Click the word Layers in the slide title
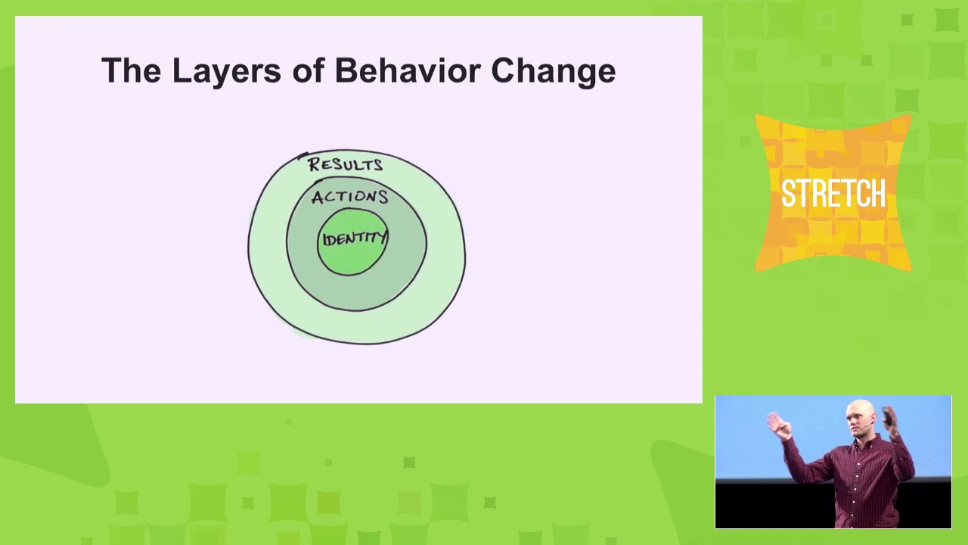tap(226, 71)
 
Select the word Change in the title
tap(554, 72)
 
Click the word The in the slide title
tap(131, 70)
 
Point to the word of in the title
tap(308, 70)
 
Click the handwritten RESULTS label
tap(346, 164)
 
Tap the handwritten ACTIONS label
tap(349, 198)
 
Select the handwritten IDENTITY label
tap(355, 238)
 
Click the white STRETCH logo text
tap(833, 193)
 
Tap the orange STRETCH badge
tap(833, 193)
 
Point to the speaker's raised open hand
tap(777, 425)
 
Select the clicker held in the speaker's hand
tap(887, 416)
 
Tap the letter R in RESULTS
tap(314, 165)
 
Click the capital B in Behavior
tap(346, 70)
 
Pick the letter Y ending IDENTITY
tap(381, 238)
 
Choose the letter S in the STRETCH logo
tap(789, 193)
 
